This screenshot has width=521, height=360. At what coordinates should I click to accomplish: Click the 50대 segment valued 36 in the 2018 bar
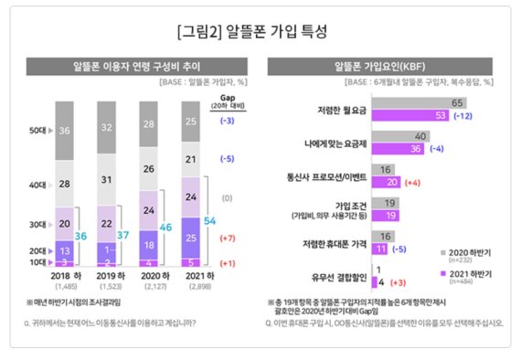[x=64, y=131]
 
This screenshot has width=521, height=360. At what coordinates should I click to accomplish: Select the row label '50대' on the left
[x=39, y=131]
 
